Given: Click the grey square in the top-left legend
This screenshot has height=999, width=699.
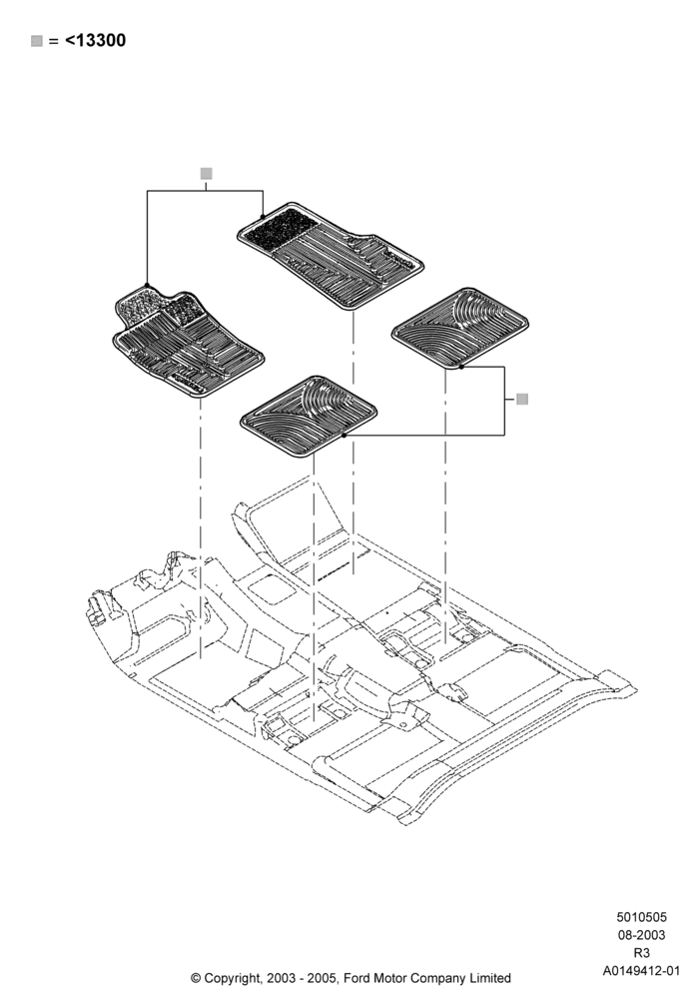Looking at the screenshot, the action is [x=37, y=41].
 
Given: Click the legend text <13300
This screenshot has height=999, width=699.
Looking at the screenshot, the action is [x=96, y=41].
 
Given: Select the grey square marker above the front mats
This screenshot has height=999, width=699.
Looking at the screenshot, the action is [x=206, y=173].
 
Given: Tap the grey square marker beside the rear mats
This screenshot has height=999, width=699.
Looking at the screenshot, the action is [x=522, y=400].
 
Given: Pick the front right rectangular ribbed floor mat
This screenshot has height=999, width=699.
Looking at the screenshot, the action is [x=332, y=256].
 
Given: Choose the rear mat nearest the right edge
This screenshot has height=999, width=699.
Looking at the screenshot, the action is [x=459, y=328].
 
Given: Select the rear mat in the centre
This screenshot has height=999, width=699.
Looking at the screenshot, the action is [x=309, y=416].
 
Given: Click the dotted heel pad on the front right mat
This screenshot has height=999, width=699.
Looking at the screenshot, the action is [x=281, y=229].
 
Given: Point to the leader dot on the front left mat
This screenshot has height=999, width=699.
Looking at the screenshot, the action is [x=147, y=286].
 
